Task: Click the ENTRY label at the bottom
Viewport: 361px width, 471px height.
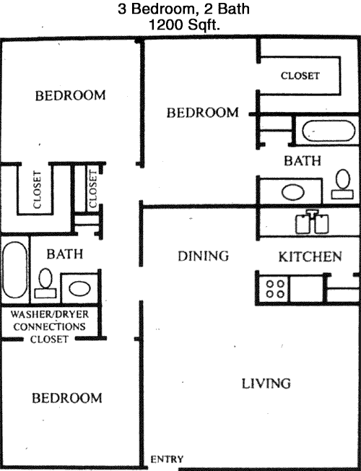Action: point(167,459)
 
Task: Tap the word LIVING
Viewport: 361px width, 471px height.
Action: point(266,384)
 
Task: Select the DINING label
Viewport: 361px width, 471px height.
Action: point(204,256)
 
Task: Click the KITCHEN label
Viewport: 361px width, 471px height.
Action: point(310,256)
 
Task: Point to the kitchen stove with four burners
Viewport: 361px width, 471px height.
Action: point(275,289)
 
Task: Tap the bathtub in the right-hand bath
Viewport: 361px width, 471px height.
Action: point(329,131)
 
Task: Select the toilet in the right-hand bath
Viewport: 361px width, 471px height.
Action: point(343,183)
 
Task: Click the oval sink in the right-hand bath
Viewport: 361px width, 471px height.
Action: point(293,191)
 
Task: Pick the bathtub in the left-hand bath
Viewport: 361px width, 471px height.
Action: point(14,269)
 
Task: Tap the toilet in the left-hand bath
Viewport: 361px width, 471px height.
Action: point(45,283)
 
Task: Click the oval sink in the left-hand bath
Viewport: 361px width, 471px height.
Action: point(79,288)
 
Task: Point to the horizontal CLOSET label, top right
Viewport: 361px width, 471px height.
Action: point(300,76)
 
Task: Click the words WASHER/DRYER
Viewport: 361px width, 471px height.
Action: point(50,314)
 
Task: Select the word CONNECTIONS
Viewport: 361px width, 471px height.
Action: point(50,327)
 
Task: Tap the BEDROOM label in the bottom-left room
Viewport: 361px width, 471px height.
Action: point(67,398)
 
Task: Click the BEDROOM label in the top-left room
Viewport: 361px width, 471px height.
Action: point(70,95)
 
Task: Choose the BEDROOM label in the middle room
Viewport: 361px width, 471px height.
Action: point(203,113)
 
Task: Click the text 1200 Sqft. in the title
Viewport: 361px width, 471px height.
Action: point(184,25)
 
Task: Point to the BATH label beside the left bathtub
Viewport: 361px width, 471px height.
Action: point(64,254)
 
